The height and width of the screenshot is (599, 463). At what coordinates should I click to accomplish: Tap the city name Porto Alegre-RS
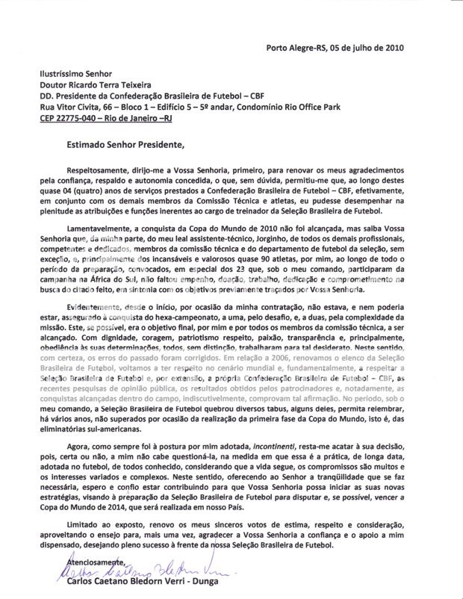296,48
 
